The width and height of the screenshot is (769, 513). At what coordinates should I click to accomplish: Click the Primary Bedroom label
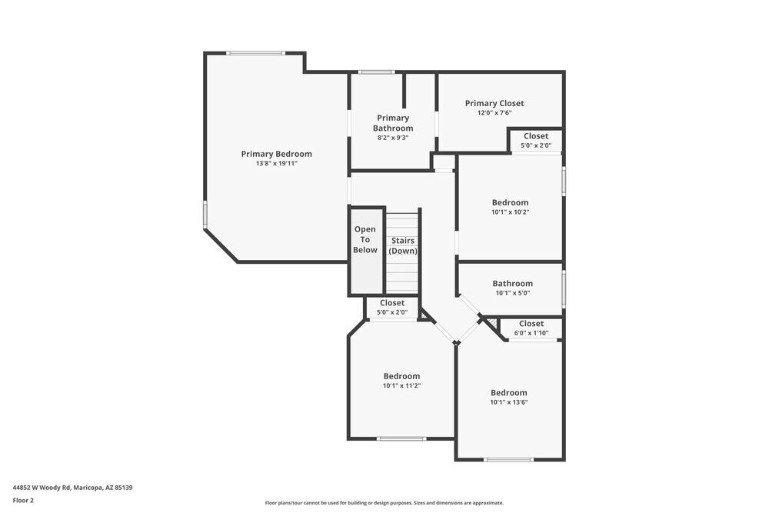[276, 154]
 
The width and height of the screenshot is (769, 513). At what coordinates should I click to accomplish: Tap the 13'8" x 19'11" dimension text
[276, 164]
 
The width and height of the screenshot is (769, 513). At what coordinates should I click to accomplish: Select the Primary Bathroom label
[393, 123]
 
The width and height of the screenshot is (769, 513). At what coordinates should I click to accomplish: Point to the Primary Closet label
[494, 103]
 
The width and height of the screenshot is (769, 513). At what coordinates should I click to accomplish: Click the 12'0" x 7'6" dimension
[494, 113]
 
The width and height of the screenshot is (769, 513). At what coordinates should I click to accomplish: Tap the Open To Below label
[365, 239]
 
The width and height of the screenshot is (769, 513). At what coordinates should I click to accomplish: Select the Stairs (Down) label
[402, 246]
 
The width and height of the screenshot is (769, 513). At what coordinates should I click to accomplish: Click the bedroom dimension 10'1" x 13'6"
[509, 402]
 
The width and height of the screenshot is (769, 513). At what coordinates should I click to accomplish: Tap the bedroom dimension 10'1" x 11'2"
[401, 386]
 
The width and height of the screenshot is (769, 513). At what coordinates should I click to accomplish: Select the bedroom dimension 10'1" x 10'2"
[510, 212]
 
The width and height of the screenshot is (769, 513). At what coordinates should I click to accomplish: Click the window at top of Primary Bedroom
[255, 53]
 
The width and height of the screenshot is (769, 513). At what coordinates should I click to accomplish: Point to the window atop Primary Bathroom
[377, 72]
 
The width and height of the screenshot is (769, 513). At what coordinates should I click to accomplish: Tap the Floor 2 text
[23, 500]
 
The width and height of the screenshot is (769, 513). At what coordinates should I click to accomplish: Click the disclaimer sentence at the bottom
[384, 503]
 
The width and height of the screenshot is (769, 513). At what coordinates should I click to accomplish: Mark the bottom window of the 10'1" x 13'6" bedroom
[508, 460]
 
